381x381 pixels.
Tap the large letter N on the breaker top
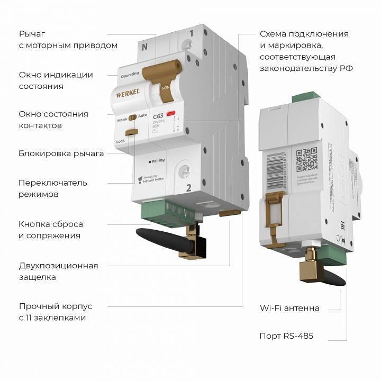click(144, 46)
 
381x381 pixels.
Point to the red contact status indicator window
click(171, 114)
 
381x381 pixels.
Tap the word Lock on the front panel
click(121, 141)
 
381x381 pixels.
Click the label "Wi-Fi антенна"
click(289, 308)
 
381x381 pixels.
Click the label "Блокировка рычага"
click(61, 153)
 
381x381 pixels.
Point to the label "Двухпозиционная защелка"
click(58, 271)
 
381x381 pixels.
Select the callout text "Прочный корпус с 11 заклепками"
click(56, 312)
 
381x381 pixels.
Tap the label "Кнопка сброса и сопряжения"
click(50, 230)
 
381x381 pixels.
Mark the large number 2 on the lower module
click(188, 187)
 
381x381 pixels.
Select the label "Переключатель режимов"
click(53, 188)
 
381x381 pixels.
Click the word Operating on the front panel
click(130, 76)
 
